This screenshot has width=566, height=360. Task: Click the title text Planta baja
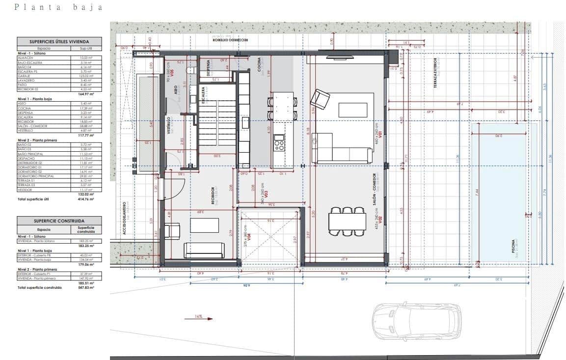pos(59,7)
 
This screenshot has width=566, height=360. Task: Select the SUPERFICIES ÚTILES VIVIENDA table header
pos(59,42)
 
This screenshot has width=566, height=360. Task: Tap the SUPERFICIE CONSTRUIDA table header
pos(59,222)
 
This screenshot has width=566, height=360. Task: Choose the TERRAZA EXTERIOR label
pos(435,74)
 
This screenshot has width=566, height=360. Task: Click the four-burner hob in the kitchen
pos(279,145)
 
